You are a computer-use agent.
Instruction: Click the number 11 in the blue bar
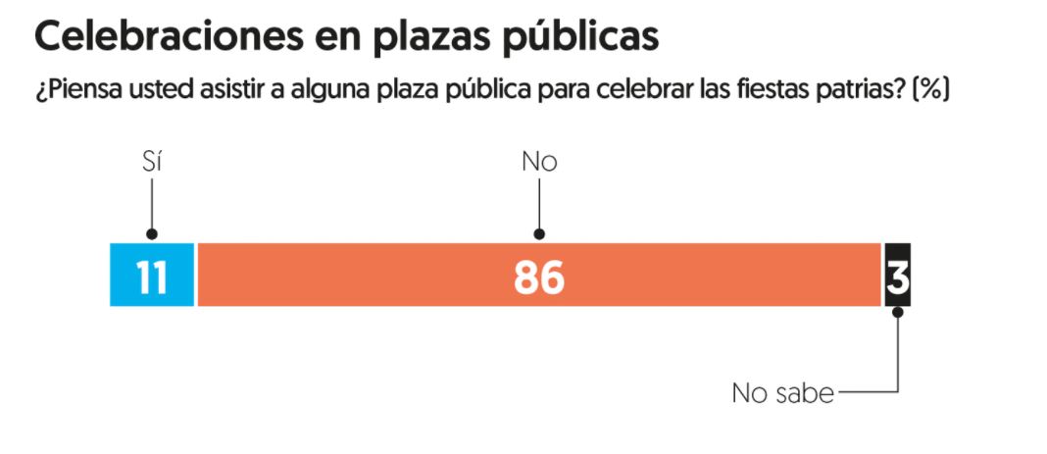152,277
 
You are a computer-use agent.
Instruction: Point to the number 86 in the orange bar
539,277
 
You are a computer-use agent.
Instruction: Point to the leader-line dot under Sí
151,234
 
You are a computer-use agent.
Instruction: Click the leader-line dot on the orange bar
539,234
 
